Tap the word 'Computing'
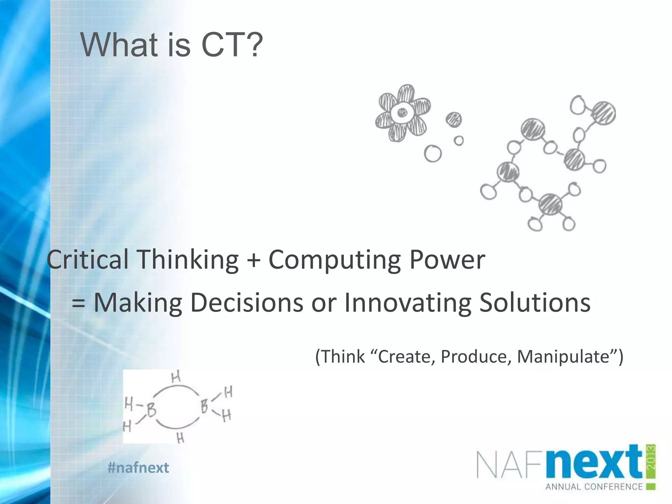point(334,260)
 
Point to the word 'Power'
point(447,260)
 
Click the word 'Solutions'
point(535,303)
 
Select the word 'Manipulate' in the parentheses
point(563,357)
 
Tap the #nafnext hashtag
point(138,468)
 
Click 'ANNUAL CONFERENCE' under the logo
point(594,486)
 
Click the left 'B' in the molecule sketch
point(151,410)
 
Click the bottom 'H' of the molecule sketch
point(180,438)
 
